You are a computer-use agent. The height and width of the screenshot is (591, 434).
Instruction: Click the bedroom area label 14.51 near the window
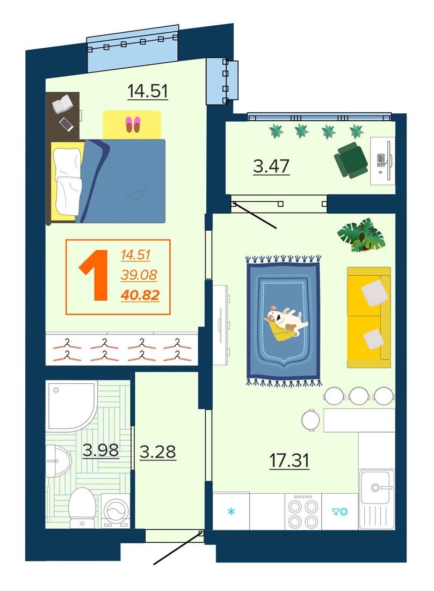click(147, 91)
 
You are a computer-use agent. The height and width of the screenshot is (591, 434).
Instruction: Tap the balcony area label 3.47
click(271, 166)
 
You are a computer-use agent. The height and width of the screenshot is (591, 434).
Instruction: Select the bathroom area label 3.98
click(100, 450)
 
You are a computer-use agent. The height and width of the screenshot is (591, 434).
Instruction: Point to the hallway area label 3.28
click(157, 451)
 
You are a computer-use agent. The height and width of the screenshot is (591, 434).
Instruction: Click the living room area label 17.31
click(289, 461)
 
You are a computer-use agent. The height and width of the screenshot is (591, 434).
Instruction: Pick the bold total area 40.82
click(140, 295)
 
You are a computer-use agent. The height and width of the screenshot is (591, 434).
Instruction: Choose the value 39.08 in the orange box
click(139, 275)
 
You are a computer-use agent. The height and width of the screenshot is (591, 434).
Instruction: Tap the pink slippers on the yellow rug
click(133, 125)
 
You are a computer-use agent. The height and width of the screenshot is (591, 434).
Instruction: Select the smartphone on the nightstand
click(67, 125)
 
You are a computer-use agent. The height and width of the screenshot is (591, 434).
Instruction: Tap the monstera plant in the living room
click(361, 235)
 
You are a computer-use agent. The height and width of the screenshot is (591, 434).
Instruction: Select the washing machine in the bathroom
click(115, 510)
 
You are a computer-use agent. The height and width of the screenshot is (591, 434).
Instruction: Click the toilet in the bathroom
click(82, 507)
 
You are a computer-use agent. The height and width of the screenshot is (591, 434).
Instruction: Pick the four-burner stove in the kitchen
click(303, 510)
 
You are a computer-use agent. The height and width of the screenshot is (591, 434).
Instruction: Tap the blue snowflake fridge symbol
click(231, 512)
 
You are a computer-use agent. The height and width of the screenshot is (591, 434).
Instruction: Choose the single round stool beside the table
click(310, 420)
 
